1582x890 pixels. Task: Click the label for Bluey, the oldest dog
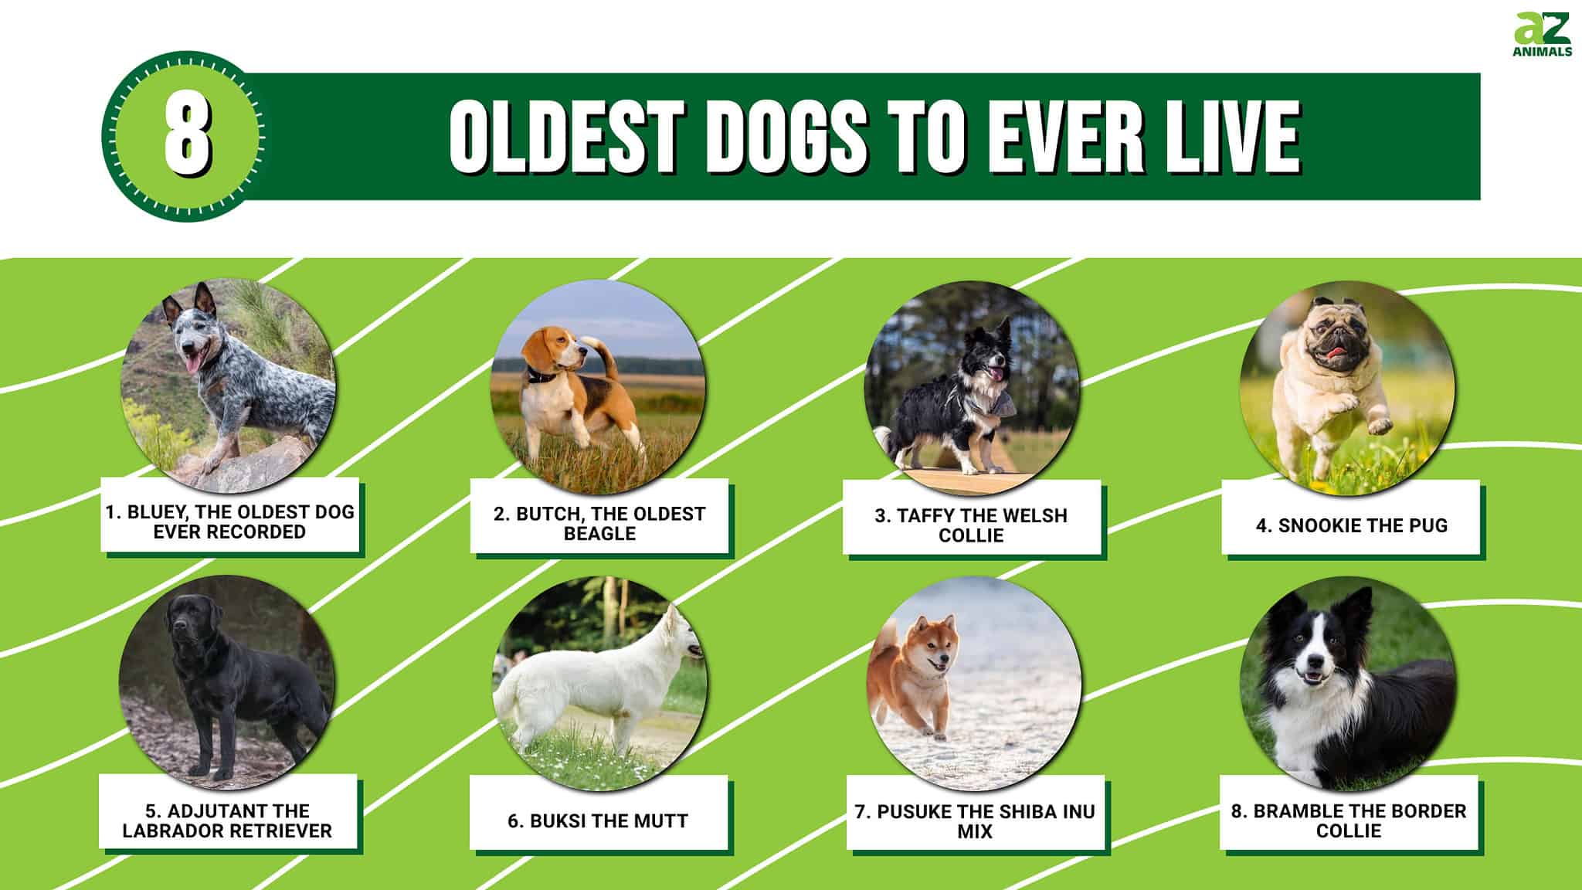[230, 521]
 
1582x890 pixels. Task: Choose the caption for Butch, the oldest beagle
[599, 523]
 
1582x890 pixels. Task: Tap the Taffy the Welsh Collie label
[971, 525]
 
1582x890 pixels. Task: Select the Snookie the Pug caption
[1351, 525]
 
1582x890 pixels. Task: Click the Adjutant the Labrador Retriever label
[228, 820]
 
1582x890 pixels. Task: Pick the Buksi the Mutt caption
[598, 820]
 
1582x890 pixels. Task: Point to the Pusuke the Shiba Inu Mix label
[975, 820]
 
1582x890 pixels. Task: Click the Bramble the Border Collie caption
[1349, 820]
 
